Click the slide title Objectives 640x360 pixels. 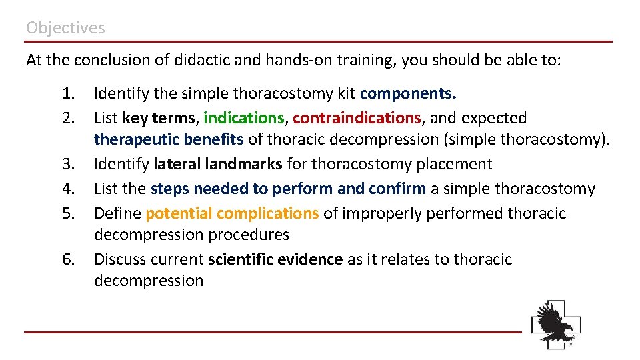[x=65, y=28]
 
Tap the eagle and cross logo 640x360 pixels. [x=556, y=324]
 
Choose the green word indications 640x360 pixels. [x=244, y=118]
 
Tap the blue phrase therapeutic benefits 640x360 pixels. [x=169, y=139]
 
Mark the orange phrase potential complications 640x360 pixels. [x=232, y=213]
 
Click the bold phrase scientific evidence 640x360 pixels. [x=275, y=259]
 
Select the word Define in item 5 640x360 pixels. [x=117, y=213]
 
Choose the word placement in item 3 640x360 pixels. [x=459, y=164]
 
